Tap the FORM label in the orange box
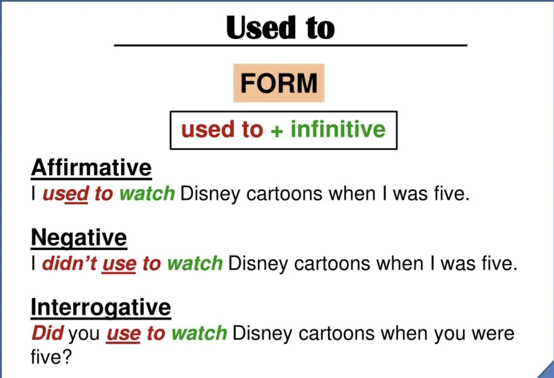279,83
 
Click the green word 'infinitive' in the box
338,129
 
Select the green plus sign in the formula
277,131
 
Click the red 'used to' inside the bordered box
222,129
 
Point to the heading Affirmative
91,168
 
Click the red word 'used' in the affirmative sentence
65,194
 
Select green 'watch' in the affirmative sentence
147,194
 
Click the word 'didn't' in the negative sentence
70,263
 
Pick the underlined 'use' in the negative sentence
119,265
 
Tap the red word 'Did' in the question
47,333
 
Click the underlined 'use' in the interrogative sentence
123,335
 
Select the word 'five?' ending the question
51,357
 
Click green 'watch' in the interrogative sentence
199,333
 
